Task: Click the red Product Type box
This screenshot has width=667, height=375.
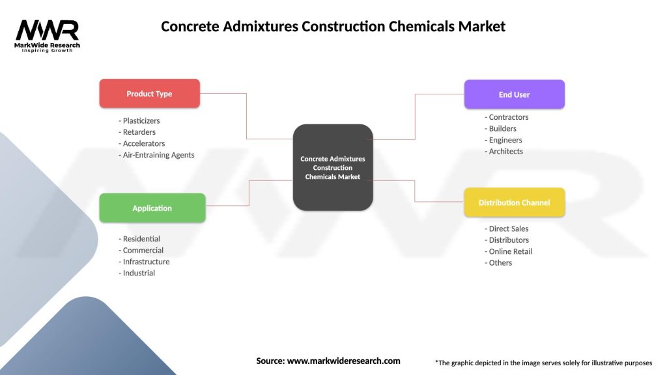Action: pos(149,94)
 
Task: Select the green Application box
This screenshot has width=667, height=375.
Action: pos(152,208)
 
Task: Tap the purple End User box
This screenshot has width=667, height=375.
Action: pos(514,94)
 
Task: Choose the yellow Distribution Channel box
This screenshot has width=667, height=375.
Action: pos(514,202)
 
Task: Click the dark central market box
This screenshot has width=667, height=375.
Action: pos(333,167)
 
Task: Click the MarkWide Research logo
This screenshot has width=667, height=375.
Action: pos(48,35)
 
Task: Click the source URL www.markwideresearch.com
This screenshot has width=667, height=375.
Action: pos(343,361)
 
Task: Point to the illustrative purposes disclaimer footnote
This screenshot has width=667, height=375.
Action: pos(543,363)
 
